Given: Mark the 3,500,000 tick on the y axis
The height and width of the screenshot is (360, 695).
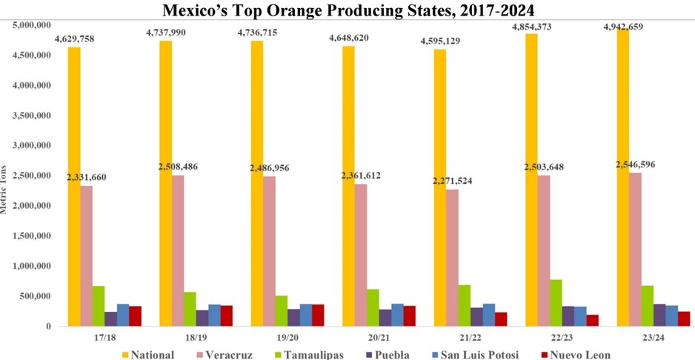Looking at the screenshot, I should click(31, 116).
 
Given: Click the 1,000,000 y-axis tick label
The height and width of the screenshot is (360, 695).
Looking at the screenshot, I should click(31, 266).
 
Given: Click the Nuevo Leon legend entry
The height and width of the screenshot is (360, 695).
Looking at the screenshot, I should click(579, 354).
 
